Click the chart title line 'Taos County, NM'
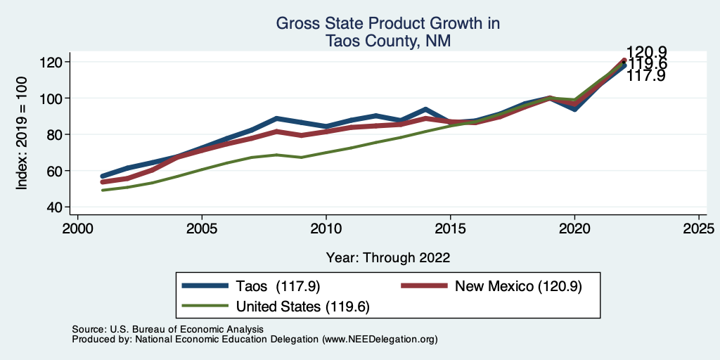[387, 41]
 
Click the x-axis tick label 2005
[202, 229]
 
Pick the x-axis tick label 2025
[699, 229]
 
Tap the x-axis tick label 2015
[450, 229]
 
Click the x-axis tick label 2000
[77, 229]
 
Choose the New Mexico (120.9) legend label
[518, 285]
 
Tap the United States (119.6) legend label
[303, 307]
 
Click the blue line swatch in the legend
[205, 285]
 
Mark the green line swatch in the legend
[205, 307]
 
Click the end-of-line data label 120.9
[646, 52]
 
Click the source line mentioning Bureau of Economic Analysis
[167, 329]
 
